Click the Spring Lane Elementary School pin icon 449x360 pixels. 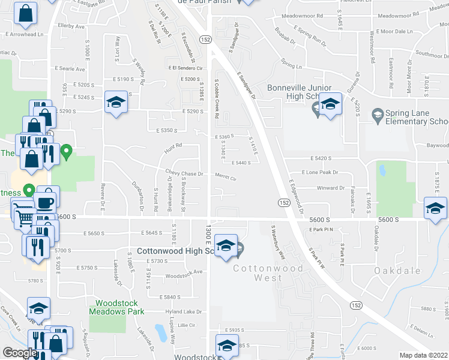coord(378,114)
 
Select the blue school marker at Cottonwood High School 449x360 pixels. coord(226,246)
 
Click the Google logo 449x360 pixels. coord(20,353)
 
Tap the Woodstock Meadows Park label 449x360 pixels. coord(117,307)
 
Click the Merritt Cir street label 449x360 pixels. coord(226,178)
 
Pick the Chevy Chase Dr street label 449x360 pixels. coord(188,173)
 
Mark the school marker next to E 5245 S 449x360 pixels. coord(116,101)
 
